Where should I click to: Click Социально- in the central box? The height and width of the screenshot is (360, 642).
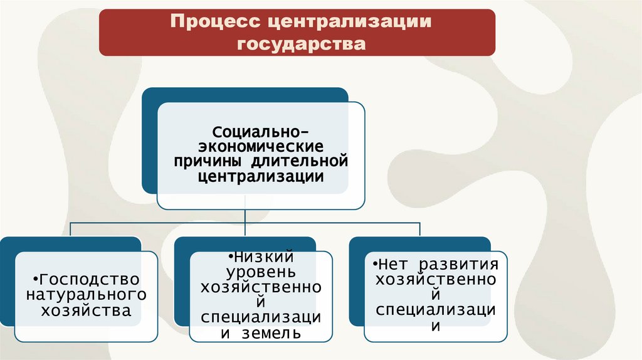click(260, 132)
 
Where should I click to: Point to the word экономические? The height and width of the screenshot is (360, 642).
click(261, 147)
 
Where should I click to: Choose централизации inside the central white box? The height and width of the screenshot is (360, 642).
click(261, 177)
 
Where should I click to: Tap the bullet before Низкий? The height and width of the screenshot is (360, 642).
click(231, 257)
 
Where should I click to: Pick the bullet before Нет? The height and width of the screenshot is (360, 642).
click(374, 264)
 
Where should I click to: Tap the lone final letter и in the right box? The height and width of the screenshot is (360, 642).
click(435, 326)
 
